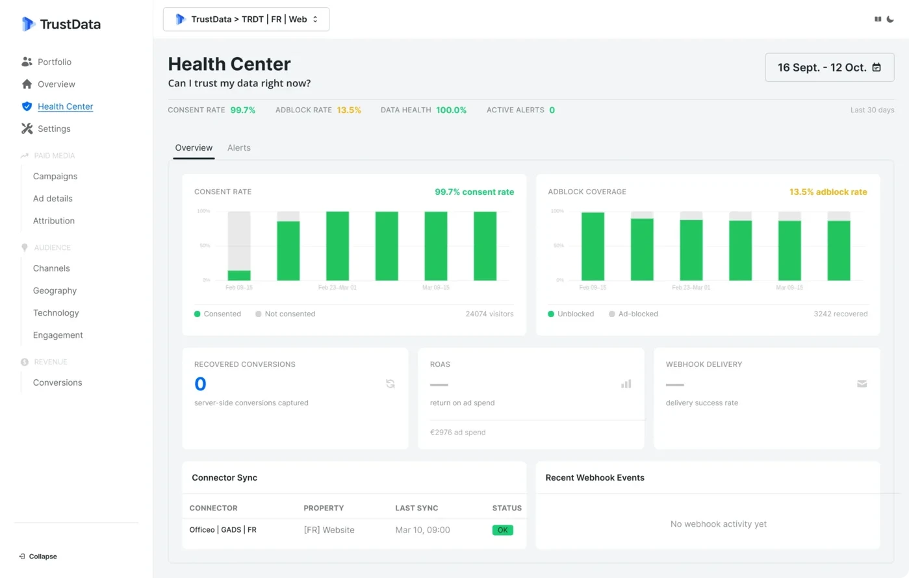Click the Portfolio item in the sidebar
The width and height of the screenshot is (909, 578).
pyautogui.click(x=54, y=62)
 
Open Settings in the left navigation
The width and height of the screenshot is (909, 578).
pyautogui.click(x=53, y=129)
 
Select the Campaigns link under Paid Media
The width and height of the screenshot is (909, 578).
pyautogui.click(x=55, y=176)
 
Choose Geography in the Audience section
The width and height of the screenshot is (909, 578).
pyautogui.click(x=55, y=290)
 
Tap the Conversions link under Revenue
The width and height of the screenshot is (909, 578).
pyautogui.click(x=57, y=383)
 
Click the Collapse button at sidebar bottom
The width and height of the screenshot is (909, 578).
pyautogui.click(x=38, y=557)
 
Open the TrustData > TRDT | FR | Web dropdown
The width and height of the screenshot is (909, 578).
pyautogui.click(x=246, y=19)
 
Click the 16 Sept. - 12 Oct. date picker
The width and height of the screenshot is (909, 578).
pyautogui.click(x=829, y=68)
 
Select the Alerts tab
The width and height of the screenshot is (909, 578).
pyautogui.click(x=238, y=148)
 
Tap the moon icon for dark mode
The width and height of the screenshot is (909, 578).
pyautogui.click(x=890, y=19)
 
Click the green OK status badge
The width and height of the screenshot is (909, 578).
pyautogui.click(x=502, y=530)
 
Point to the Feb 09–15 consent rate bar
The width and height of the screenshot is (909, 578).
pyautogui.click(x=239, y=247)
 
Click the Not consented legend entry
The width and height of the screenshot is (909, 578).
pyautogui.click(x=285, y=314)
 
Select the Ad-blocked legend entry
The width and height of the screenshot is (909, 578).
pyautogui.click(x=634, y=314)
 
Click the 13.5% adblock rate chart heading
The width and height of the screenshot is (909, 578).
pyautogui.click(x=828, y=192)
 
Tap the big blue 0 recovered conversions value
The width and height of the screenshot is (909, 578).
pyautogui.click(x=200, y=384)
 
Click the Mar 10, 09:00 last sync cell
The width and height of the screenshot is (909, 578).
pyautogui.click(x=422, y=530)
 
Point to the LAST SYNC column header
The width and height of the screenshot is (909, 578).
pyautogui.click(x=416, y=508)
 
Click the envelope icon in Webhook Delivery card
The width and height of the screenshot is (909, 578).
pyautogui.click(x=862, y=384)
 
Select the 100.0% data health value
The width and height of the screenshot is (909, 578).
pyautogui.click(x=451, y=110)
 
